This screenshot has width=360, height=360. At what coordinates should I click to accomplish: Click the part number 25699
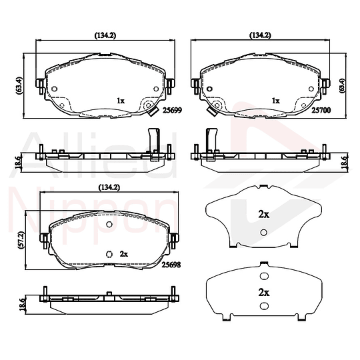click(172, 110)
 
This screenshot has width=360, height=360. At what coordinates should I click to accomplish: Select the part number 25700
click(321, 110)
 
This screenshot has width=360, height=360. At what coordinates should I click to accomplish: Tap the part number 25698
click(171, 265)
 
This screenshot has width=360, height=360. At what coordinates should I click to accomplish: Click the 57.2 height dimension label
click(21, 240)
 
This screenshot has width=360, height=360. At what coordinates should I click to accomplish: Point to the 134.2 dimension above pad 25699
click(105, 35)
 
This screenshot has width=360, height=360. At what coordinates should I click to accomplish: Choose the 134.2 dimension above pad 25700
click(261, 35)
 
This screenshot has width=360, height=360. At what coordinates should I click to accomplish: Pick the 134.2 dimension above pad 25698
click(109, 187)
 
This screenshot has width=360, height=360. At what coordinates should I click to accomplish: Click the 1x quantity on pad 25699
click(121, 101)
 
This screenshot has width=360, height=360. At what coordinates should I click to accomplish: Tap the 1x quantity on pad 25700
click(276, 101)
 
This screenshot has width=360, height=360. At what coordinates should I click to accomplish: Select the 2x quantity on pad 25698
click(124, 254)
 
